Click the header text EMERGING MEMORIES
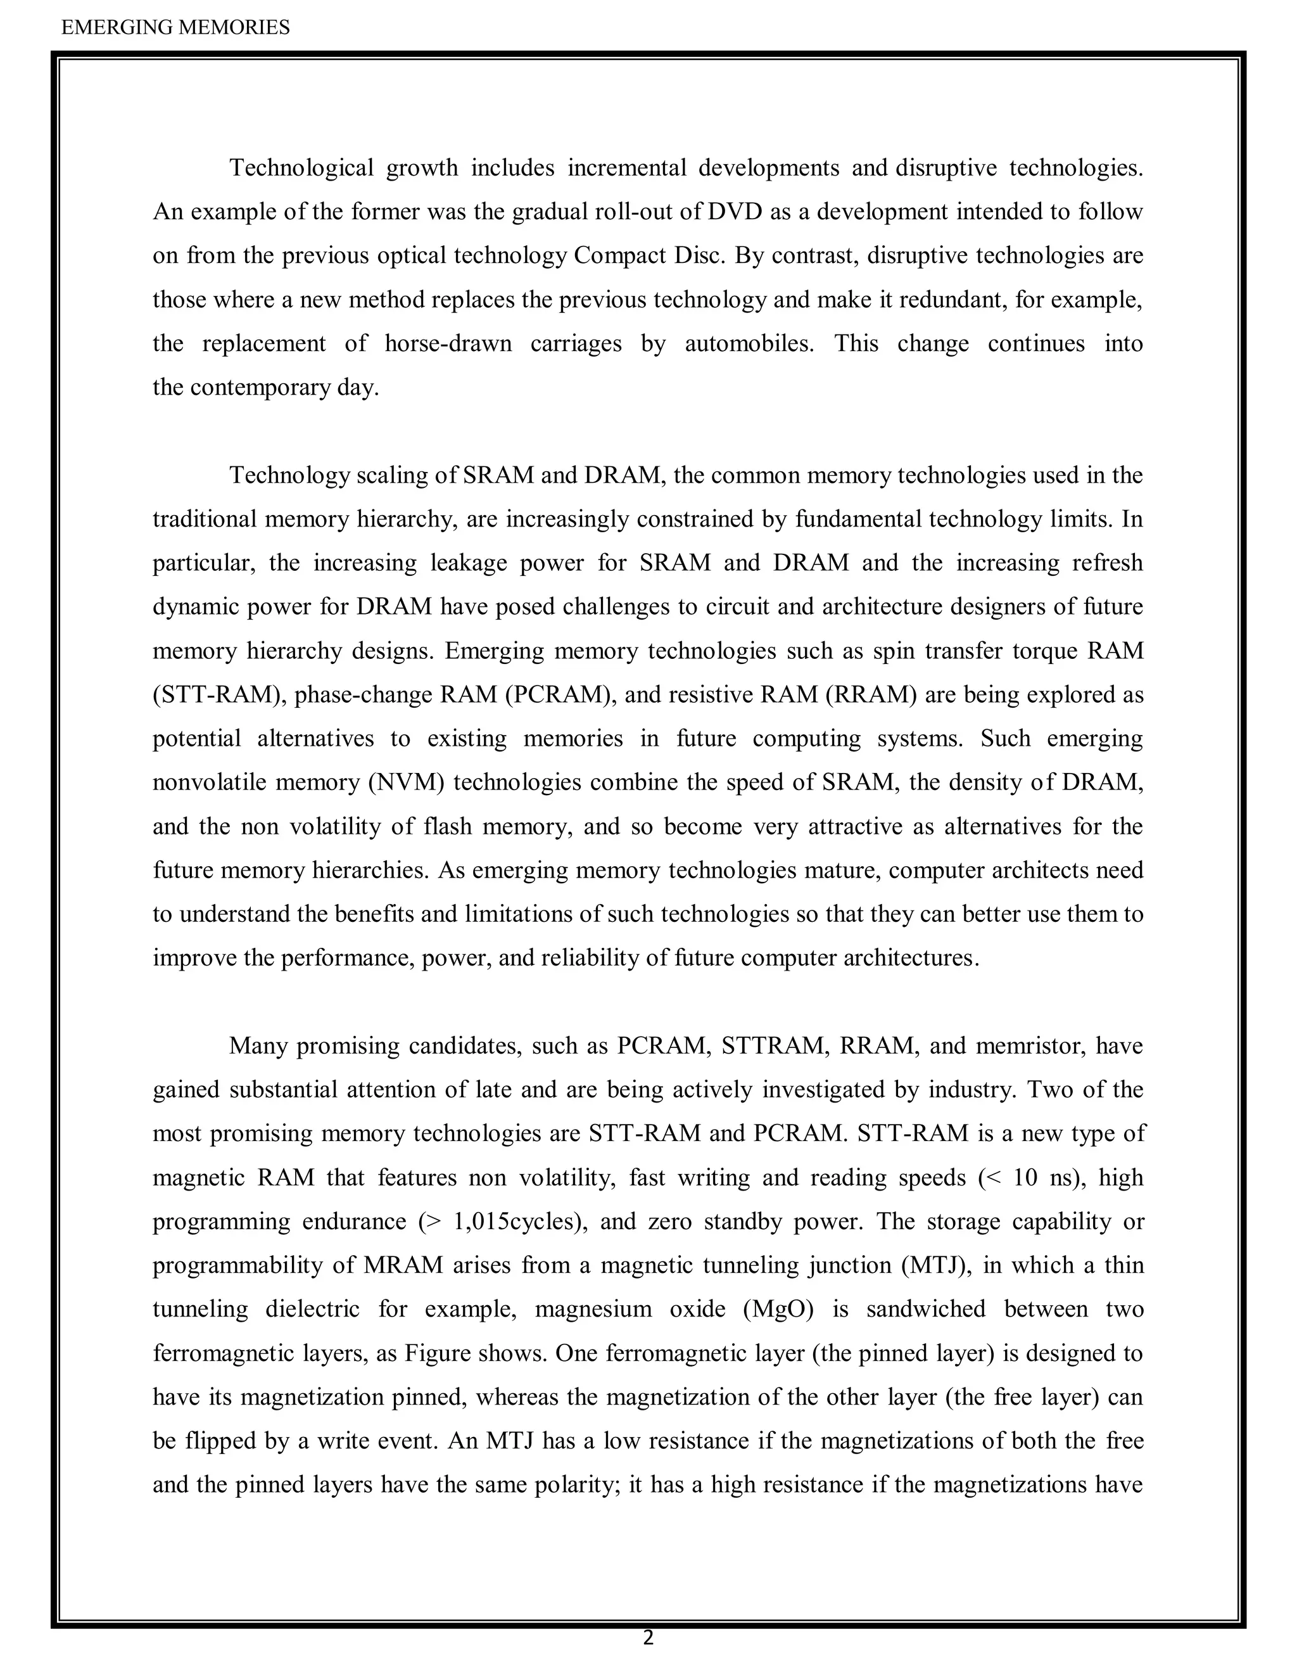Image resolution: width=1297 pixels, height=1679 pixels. pyautogui.click(x=175, y=28)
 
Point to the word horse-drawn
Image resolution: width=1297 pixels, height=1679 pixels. pyautogui.click(x=448, y=343)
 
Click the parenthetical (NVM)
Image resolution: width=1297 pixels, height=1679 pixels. pyautogui.click(x=407, y=782)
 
